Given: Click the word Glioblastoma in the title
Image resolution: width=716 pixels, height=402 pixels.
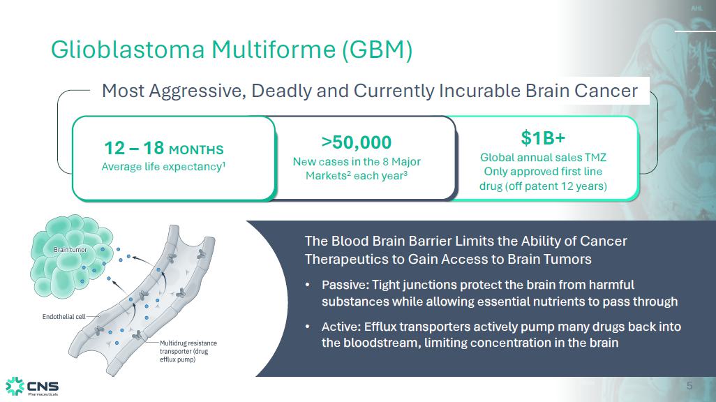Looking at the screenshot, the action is tap(128, 50).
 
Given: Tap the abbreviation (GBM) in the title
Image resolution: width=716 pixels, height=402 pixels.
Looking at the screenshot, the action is tap(377, 50).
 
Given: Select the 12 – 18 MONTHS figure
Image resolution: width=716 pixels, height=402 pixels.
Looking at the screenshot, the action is tap(164, 149).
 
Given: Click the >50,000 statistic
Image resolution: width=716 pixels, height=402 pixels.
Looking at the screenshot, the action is tap(356, 142).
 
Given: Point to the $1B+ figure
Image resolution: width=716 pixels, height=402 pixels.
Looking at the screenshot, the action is tap(543, 138).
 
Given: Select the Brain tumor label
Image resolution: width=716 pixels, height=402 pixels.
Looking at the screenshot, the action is tap(70, 250).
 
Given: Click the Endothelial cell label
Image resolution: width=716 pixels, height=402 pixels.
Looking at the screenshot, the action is tap(64, 317).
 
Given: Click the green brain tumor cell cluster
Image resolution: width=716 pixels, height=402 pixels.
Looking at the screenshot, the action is tap(71, 258).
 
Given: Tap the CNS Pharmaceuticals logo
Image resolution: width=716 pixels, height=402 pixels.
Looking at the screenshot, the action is tap(32, 387).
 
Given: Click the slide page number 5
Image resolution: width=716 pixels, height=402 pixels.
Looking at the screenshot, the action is tap(689, 386).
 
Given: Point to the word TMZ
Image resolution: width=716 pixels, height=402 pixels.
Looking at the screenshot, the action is tap(595, 158).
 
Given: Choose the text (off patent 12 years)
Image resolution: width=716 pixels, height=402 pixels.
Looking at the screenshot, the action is tap(557, 186).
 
